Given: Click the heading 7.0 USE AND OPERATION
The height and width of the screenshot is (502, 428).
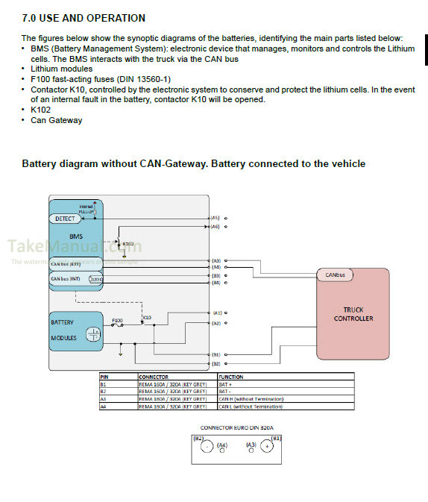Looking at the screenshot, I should click(x=84, y=18).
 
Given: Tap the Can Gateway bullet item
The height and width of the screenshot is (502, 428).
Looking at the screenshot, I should click(x=56, y=120).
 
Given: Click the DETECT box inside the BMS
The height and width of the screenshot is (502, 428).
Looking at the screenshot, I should click(x=65, y=219).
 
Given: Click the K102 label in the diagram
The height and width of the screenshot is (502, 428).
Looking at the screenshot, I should click(x=128, y=243).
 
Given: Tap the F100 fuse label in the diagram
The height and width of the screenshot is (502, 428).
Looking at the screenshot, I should click(x=117, y=320).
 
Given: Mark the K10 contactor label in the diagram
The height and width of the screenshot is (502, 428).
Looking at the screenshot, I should click(x=147, y=317).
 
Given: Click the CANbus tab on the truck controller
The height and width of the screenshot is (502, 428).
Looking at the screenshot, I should click(x=335, y=275).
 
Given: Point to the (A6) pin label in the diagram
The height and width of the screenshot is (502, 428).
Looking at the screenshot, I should click(x=215, y=226).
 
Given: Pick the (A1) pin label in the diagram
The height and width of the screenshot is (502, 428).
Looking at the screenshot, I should click(x=217, y=313).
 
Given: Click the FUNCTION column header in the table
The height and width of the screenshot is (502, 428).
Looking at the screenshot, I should click(x=231, y=377).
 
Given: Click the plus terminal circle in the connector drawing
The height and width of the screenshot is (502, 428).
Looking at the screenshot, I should click(x=265, y=448).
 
